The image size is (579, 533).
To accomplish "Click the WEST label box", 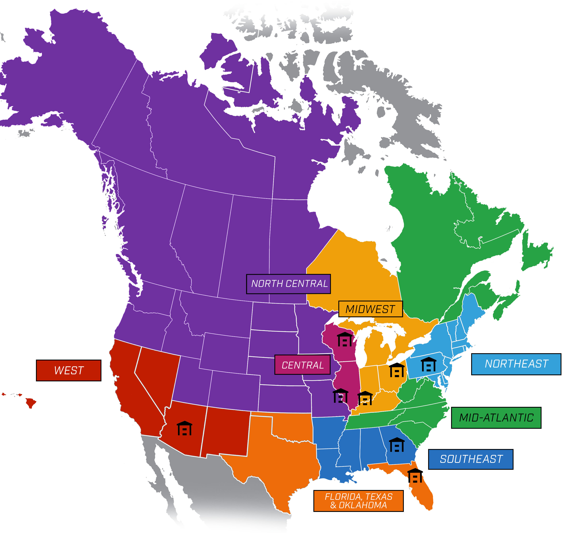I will click(x=69, y=370).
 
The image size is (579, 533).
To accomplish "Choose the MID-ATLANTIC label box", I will click(x=496, y=418).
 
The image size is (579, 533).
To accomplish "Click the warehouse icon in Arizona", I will click(x=184, y=428).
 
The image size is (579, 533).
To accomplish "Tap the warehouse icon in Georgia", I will click(x=397, y=445).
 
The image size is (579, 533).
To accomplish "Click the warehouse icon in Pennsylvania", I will click(x=428, y=364).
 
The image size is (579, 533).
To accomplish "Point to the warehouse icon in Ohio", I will click(x=397, y=370).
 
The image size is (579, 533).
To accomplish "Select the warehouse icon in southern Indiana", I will click(x=365, y=398).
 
